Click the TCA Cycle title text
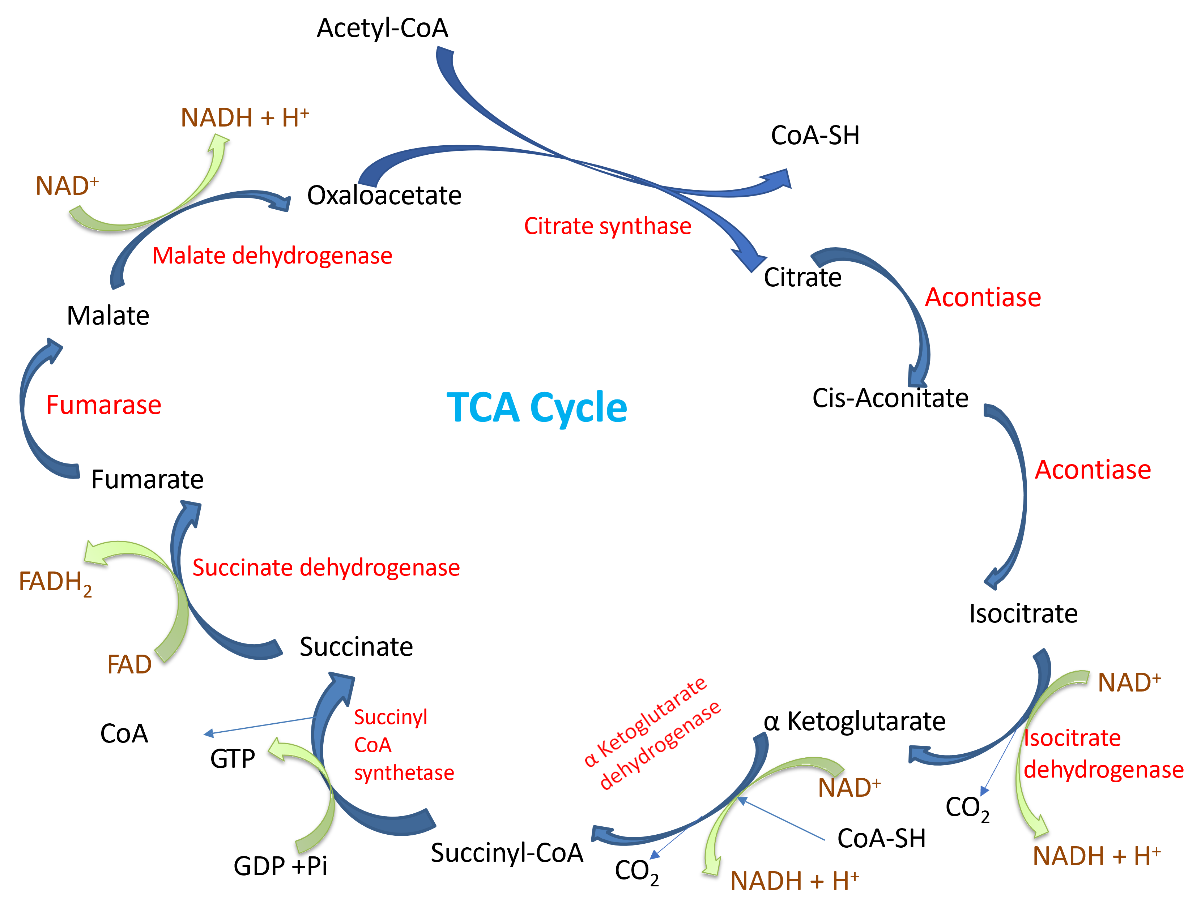[537, 407]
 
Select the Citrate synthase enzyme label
[607, 226]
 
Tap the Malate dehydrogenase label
[272, 255]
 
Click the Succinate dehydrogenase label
[325, 567]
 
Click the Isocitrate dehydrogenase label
[1102, 754]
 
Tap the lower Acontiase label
[1093, 470]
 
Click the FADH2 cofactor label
[55, 582]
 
